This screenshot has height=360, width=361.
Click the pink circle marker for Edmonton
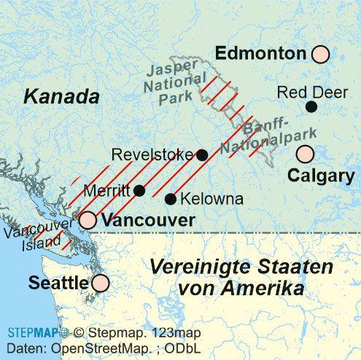click(x=319, y=54)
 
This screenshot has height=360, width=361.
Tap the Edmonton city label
click(x=260, y=53)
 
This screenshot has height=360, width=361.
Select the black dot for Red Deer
click(x=311, y=107)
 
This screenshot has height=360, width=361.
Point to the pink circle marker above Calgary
click(x=305, y=154)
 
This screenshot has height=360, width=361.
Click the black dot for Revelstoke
click(x=203, y=154)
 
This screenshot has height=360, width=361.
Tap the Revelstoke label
click(x=153, y=154)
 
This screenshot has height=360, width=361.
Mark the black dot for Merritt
click(x=140, y=190)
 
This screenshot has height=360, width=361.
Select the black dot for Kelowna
click(x=171, y=199)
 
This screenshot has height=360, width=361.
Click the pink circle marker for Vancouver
click(x=88, y=219)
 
